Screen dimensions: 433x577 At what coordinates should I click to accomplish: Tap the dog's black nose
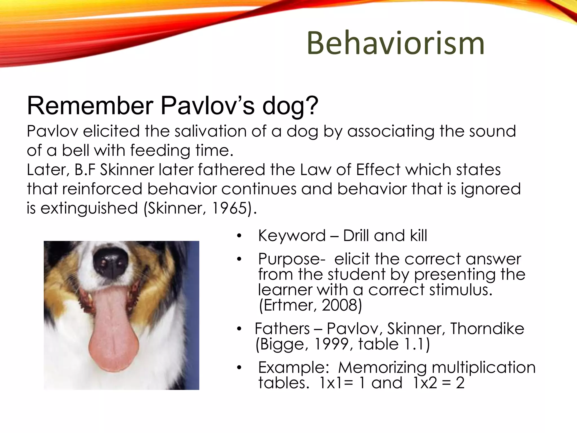[111, 262]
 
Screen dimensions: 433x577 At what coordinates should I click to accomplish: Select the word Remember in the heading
[90, 106]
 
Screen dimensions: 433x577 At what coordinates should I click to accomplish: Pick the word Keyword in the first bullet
[292, 236]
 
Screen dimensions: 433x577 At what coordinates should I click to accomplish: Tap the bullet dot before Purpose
[239, 259]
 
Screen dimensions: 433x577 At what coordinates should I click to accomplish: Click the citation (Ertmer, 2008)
[310, 305]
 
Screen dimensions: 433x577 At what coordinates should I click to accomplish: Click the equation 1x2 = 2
[438, 383]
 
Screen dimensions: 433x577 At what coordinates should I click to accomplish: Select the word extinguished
[89, 208]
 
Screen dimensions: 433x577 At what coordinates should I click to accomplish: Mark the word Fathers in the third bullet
[282, 329]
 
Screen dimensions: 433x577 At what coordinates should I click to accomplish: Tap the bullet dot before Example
[239, 368]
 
